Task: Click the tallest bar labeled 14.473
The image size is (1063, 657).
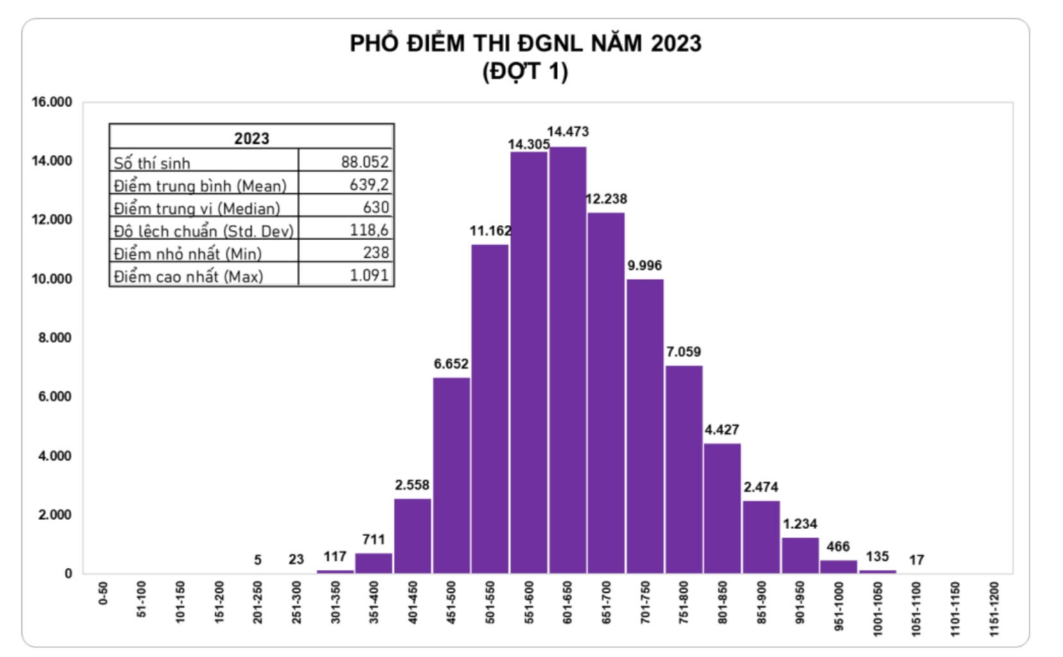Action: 568,360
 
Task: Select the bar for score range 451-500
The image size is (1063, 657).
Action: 452,475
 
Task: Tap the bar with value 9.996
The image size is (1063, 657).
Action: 645,426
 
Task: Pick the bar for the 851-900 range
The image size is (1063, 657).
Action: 761,537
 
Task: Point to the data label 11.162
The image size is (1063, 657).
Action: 491,231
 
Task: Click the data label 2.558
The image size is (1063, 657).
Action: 412,486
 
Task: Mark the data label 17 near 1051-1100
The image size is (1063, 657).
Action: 917,560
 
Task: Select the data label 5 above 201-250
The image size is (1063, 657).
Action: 258,560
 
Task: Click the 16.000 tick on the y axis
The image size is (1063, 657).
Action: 52,102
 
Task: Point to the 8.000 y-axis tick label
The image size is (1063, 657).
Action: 55,338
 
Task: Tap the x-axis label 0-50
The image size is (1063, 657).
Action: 103,594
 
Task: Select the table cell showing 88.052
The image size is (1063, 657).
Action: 364,162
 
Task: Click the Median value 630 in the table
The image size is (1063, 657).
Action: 376,207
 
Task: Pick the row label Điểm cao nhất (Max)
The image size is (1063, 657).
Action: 188,277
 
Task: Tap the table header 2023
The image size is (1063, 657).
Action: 251,138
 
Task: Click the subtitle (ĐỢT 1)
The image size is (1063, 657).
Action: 525,71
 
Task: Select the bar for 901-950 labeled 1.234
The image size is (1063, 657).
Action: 800,555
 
